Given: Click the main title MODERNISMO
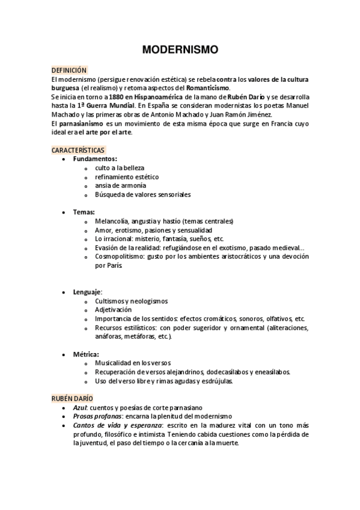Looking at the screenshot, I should point(180,50).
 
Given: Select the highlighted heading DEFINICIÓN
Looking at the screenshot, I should point(69,70).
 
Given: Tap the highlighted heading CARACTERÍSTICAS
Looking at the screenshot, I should point(78,150).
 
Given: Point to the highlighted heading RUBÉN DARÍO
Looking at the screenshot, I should point(71,399).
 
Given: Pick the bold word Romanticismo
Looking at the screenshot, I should point(208,87).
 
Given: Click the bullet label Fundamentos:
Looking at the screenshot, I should point(95,159).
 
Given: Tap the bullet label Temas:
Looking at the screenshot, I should point(84,212).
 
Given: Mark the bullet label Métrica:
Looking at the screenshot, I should point(86,354).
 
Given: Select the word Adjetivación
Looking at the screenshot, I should point(113,309).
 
